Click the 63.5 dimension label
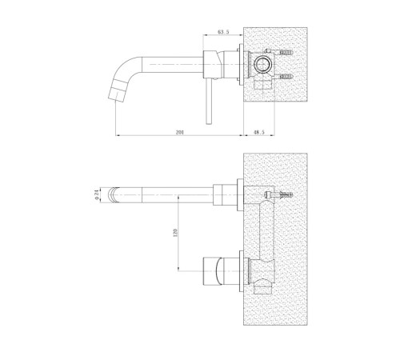(x=223, y=32)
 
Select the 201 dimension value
(x=180, y=132)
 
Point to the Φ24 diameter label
(x=97, y=196)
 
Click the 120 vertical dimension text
(x=175, y=233)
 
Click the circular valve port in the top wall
(x=263, y=65)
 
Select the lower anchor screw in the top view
(x=286, y=77)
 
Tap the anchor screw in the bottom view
(x=278, y=194)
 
